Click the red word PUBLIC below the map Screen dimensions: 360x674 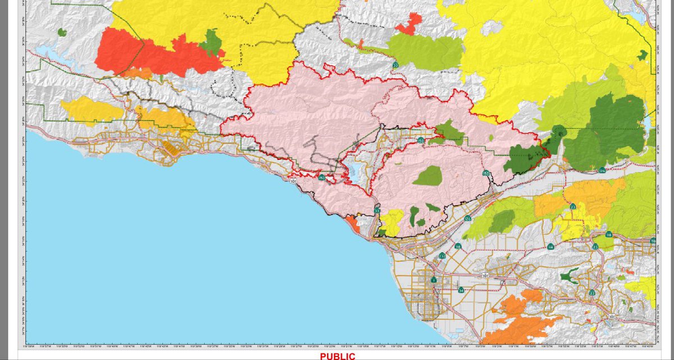point(338,356)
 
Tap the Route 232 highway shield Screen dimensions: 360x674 point(443,256)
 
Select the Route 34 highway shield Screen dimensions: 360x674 point(461,290)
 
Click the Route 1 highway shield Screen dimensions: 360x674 point(434,280)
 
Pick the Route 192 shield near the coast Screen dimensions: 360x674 point(321,177)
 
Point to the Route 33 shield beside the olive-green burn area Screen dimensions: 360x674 point(396,66)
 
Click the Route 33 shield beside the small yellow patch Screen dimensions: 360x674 point(377,211)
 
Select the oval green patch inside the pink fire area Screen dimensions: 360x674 point(428,176)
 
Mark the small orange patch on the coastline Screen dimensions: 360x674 point(354,224)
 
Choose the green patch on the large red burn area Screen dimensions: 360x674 point(211,43)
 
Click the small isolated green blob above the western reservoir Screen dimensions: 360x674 point(62,32)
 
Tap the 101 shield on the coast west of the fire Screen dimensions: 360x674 point(293,181)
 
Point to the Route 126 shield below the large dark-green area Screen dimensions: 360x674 point(602,170)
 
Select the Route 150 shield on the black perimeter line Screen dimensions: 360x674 point(486,174)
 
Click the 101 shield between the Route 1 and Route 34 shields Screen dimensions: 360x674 point(485,276)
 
